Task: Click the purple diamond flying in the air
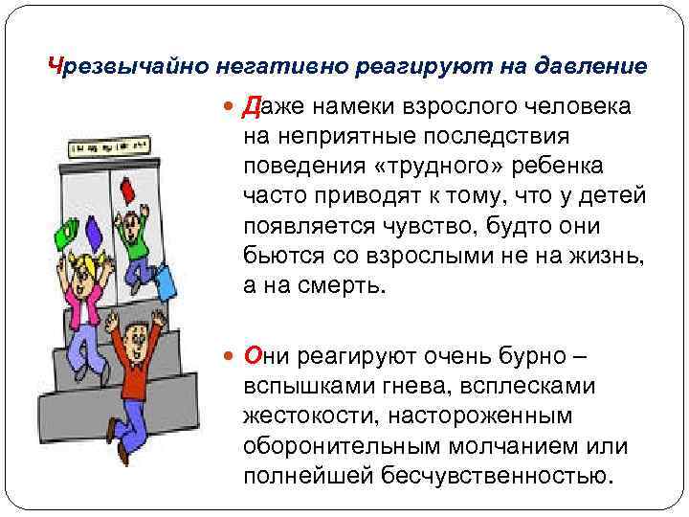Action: click(94, 232)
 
